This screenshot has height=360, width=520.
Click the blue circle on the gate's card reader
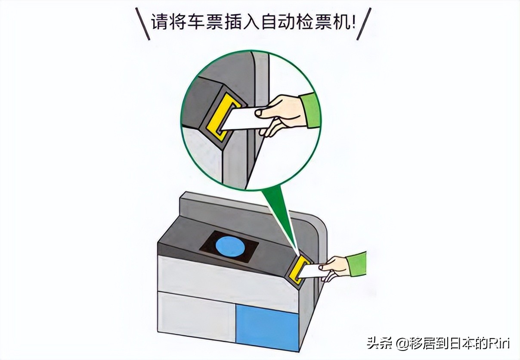[229, 248]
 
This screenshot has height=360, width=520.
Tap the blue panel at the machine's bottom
[267, 328]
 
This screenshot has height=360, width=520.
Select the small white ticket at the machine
[313, 271]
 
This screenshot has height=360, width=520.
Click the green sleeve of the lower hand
[358, 264]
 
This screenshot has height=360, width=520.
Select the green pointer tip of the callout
[297, 252]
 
